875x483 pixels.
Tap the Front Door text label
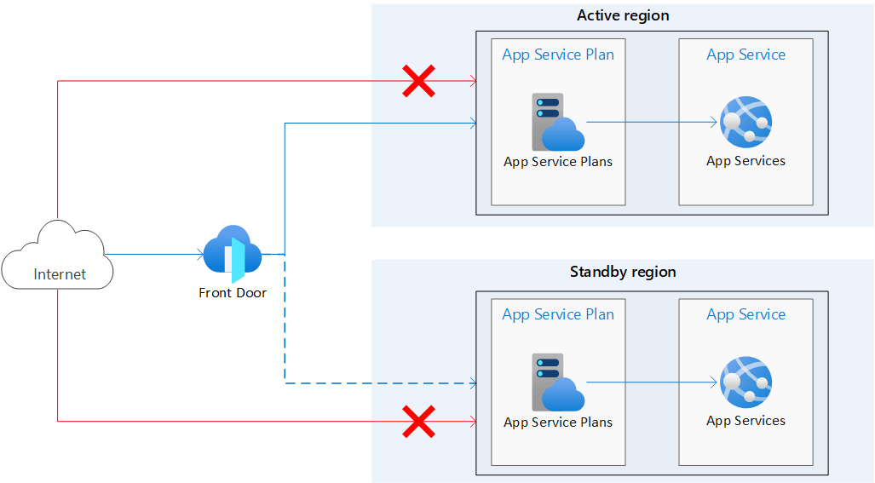tap(233, 293)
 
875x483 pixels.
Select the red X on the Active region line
tap(417, 82)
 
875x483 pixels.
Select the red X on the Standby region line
tap(417, 421)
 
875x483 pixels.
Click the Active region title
tap(623, 15)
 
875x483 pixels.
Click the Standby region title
tap(623, 272)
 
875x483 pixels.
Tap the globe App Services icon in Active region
tap(745, 122)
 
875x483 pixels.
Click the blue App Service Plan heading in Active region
tap(558, 55)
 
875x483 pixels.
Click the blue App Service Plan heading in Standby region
tap(558, 314)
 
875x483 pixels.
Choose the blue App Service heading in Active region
tap(745, 55)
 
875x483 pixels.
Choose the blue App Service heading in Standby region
tap(745, 314)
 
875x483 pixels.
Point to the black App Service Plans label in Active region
tap(558, 162)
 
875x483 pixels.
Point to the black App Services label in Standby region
tap(745, 421)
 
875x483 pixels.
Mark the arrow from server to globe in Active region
tap(652, 123)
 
